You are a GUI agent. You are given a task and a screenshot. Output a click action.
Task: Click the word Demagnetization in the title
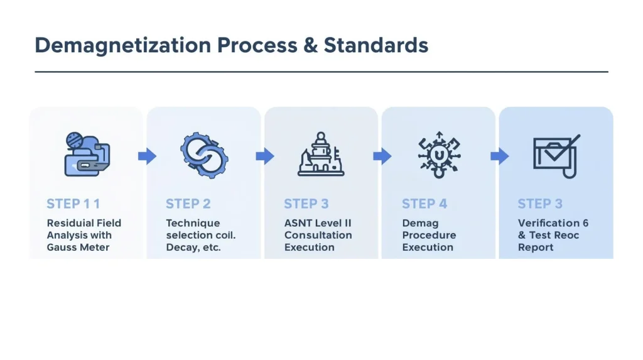click(122, 46)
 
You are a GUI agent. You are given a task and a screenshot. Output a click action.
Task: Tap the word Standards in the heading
click(376, 45)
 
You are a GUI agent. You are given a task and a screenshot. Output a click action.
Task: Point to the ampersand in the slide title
click(311, 45)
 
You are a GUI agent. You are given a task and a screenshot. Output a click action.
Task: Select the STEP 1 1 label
click(73, 204)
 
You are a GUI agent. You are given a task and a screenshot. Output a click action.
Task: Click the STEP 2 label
click(188, 204)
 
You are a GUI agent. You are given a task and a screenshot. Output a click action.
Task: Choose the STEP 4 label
click(424, 204)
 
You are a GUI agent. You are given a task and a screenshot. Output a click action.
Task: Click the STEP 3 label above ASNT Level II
click(306, 204)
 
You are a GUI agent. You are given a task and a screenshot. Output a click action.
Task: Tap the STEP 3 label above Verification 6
click(540, 204)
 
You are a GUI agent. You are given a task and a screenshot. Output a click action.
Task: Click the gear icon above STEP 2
click(204, 155)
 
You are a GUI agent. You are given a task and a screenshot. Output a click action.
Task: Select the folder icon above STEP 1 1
click(87, 155)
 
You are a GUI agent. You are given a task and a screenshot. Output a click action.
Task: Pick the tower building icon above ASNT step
click(321, 155)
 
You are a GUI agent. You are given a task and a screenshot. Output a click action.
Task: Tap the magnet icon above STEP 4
click(439, 155)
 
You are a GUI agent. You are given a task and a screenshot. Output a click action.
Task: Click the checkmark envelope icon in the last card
click(556, 156)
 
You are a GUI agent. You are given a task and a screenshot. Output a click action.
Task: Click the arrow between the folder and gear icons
click(147, 156)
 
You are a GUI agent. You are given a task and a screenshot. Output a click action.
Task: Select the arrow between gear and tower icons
click(265, 156)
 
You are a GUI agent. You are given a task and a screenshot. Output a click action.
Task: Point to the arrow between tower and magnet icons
click(382, 156)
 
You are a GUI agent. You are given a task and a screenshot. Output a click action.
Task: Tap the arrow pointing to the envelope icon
click(499, 156)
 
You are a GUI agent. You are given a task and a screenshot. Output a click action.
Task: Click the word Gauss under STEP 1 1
click(61, 248)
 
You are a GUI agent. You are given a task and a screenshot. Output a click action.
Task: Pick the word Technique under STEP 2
click(193, 223)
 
